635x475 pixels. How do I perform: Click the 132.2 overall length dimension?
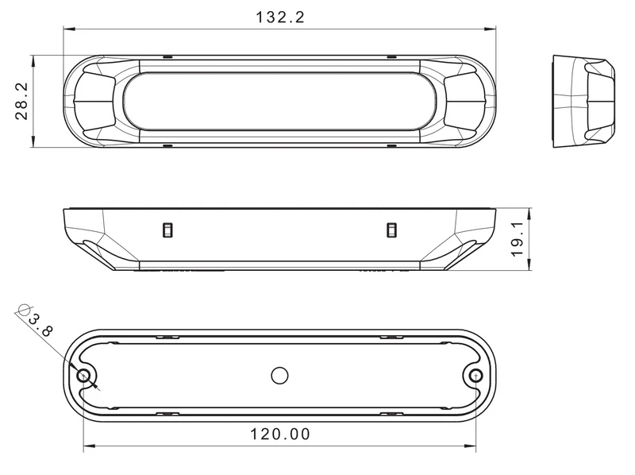click(x=280, y=17)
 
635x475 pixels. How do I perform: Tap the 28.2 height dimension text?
click(x=22, y=102)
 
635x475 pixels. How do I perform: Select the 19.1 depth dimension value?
click(x=518, y=239)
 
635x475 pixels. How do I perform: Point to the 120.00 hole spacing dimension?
click(x=280, y=434)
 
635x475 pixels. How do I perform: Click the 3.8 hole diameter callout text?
click(x=40, y=325)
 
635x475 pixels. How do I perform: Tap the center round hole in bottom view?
click(x=279, y=376)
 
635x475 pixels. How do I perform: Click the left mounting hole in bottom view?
click(x=84, y=376)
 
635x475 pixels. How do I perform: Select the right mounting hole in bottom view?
click(x=475, y=376)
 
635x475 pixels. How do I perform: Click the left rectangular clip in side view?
click(x=167, y=230)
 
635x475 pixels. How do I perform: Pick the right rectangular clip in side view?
click(x=391, y=230)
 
